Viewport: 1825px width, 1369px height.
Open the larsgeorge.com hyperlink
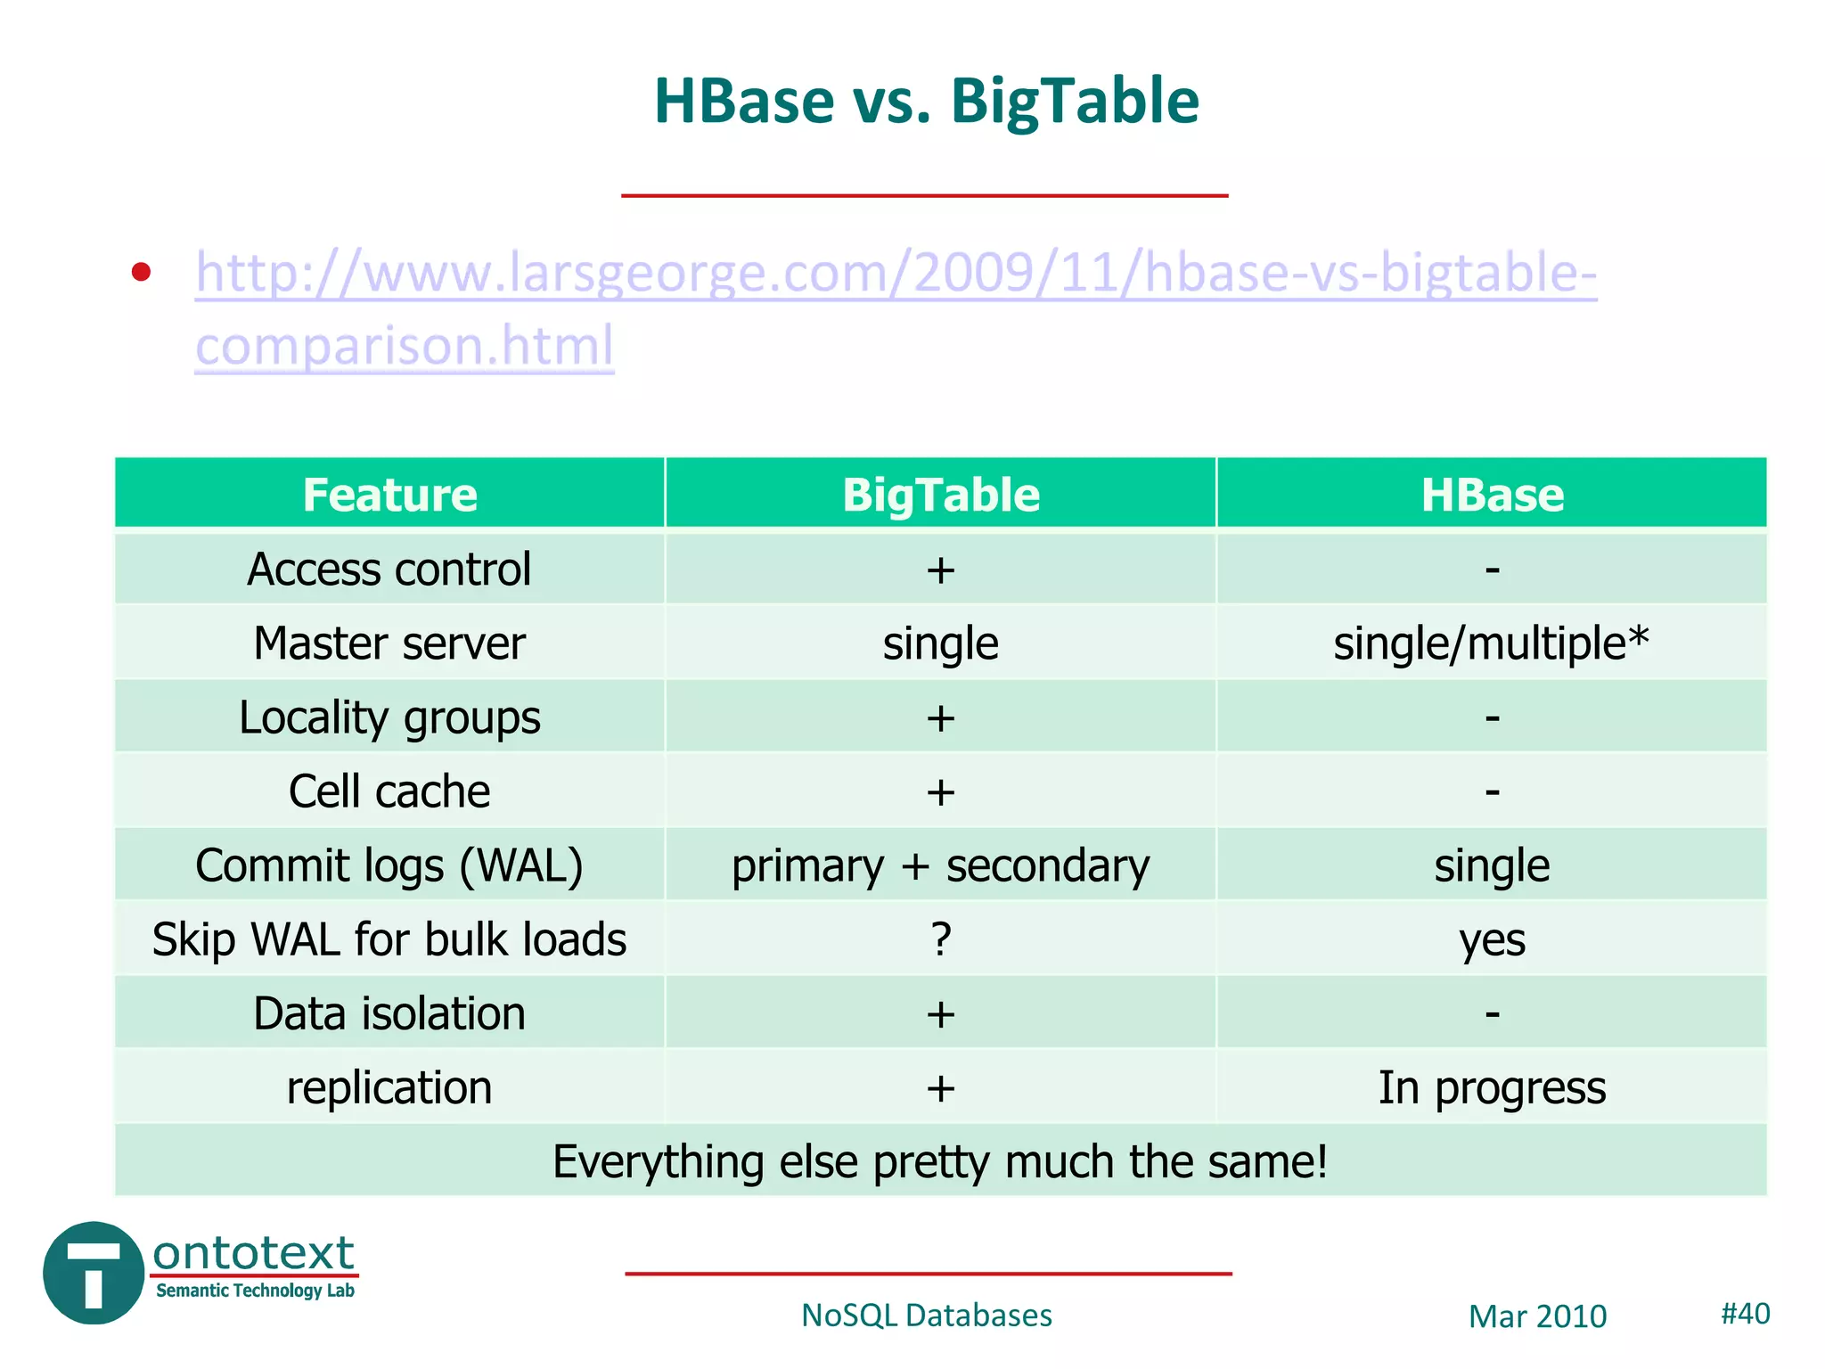895,273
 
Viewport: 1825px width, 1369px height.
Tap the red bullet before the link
141,272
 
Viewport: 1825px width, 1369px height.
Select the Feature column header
389,495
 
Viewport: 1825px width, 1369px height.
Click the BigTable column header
940,495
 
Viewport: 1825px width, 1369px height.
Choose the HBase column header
1492,495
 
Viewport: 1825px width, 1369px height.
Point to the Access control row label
389,570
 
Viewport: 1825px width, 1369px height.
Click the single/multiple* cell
1491,644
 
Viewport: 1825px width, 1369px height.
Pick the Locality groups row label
389,717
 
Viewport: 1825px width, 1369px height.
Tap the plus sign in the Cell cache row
940,792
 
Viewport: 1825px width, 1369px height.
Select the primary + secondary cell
940,866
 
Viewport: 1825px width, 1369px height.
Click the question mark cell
941,939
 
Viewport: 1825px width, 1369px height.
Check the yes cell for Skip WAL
1492,940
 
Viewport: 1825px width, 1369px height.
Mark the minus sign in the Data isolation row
1492,1014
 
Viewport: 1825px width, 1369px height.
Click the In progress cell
1492,1088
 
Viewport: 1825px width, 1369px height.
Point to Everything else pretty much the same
940,1162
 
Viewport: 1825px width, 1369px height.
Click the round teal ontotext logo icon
94,1273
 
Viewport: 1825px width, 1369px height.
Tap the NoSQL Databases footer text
926,1316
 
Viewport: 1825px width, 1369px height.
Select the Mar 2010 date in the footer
1537,1316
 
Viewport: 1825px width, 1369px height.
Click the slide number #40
1745,1314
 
